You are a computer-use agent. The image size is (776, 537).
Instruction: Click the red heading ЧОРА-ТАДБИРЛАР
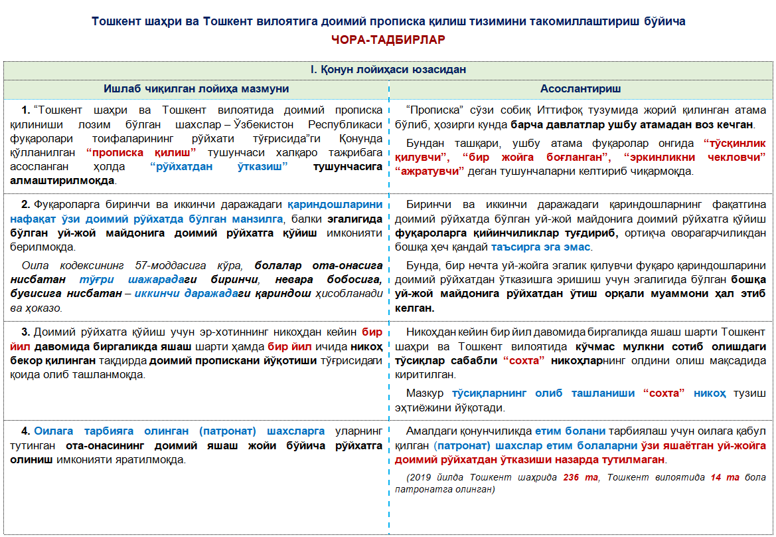click(x=388, y=39)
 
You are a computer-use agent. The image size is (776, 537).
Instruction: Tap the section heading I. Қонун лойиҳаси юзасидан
click(x=388, y=70)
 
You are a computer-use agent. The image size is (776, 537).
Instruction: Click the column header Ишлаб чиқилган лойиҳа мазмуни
click(x=196, y=88)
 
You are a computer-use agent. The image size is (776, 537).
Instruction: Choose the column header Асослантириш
click(x=581, y=88)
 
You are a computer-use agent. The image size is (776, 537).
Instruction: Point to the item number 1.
click(x=26, y=110)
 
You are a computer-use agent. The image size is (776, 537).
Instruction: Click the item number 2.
click(x=26, y=204)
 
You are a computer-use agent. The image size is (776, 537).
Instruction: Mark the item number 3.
click(x=26, y=332)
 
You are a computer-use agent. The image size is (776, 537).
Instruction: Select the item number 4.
click(x=26, y=431)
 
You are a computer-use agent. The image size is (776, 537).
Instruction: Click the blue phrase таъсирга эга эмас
click(x=541, y=247)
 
